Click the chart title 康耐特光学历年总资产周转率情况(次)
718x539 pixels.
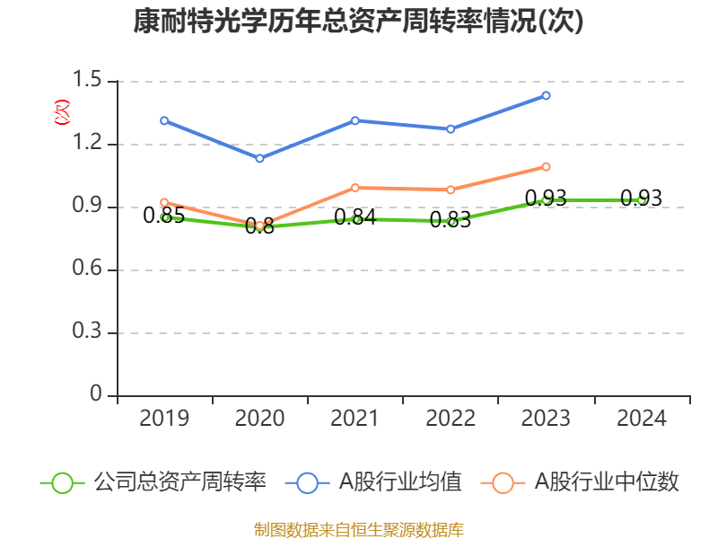click(358, 22)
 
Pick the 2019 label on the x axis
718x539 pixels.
click(164, 419)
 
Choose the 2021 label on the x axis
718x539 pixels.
click(355, 419)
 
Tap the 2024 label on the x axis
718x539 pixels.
click(642, 419)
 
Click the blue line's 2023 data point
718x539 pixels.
click(546, 95)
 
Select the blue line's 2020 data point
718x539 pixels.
click(259, 158)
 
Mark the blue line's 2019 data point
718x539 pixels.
click(164, 120)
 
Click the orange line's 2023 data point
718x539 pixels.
click(546, 167)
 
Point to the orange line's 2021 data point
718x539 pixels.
click(355, 188)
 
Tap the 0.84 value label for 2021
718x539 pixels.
click(355, 217)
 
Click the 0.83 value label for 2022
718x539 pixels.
click(451, 220)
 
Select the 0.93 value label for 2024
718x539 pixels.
click(642, 199)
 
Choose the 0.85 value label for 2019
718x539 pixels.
click(164, 216)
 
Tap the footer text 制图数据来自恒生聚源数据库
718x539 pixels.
click(358, 529)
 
